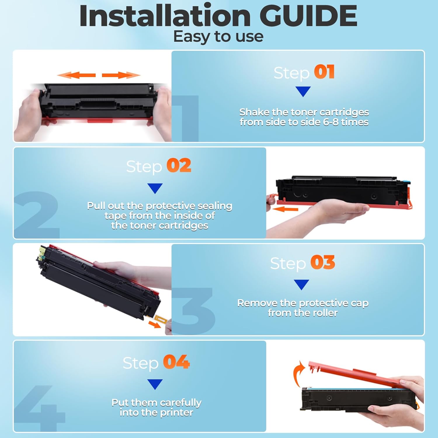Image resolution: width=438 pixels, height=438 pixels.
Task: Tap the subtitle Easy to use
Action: pyautogui.click(x=218, y=37)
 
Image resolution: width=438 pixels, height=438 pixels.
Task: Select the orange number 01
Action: pyautogui.click(x=324, y=72)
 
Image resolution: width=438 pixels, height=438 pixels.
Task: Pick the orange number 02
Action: pyautogui.click(x=179, y=166)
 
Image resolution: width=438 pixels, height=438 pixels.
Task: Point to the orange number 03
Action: pyautogui.click(x=323, y=263)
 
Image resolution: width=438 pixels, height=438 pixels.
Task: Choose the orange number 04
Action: pyautogui.click(x=176, y=362)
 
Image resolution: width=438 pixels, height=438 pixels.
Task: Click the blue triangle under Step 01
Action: pyautogui.click(x=303, y=91)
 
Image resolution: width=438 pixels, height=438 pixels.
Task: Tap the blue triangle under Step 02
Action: pyautogui.click(x=155, y=188)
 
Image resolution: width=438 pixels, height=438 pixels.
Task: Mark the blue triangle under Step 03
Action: pyautogui.click(x=301, y=284)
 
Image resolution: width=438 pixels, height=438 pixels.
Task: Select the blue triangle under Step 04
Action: pyautogui.click(x=155, y=384)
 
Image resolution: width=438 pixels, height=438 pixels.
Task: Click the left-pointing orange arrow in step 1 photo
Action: pyautogui.click(x=77, y=75)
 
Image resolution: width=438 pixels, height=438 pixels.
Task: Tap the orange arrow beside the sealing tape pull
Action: pyautogui.click(x=285, y=209)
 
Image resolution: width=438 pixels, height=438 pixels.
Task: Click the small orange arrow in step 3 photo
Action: pyautogui.click(x=154, y=324)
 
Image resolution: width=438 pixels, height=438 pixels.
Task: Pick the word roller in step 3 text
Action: pyautogui.click(x=324, y=313)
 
